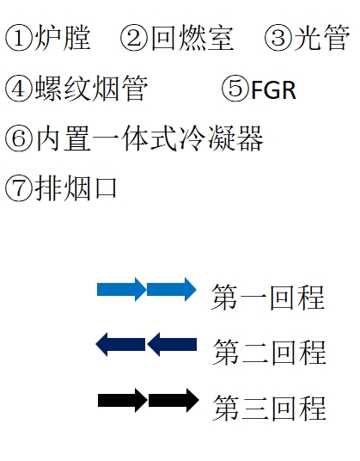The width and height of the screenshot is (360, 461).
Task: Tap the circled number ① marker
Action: pyautogui.click(x=19, y=38)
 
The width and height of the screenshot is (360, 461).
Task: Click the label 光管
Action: pyautogui.click(x=322, y=38)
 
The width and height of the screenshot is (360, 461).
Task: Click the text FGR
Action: pyautogui.click(x=273, y=89)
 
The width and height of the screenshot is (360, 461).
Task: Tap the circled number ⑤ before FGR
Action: pyautogui.click(x=235, y=89)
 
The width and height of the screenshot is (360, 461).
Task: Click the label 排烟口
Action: pyautogui.click(x=76, y=187)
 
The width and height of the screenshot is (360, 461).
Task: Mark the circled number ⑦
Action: pyautogui.click(x=19, y=187)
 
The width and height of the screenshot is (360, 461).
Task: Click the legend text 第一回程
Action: pyautogui.click(x=268, y=297)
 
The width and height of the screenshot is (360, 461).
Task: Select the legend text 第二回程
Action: pyautogui.click(x=269, y=351)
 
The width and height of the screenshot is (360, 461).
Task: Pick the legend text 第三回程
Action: pyautogui.click(x=269, y=406)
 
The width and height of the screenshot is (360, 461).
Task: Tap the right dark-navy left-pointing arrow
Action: pyautogui.click(x=172, y=345)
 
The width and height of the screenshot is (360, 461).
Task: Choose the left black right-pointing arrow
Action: pyautogui.click(x=122, y=400)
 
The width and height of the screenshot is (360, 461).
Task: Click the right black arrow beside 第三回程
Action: pyautogui.click(x=174, y=400)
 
